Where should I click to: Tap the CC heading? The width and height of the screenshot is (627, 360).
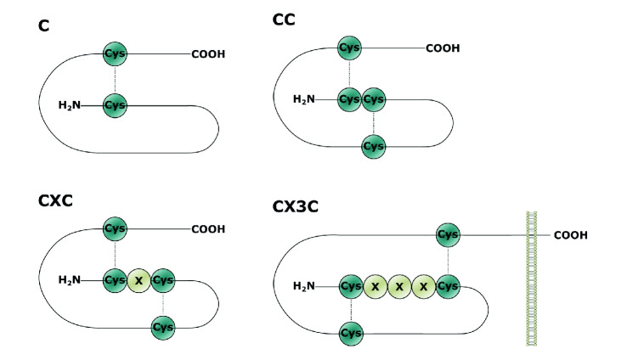285,18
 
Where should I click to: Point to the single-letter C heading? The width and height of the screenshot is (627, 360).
43,25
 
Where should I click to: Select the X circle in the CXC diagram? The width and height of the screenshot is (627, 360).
138,280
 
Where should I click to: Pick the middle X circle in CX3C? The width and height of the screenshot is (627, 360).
398,287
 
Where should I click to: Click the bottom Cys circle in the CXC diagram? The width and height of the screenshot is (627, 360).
163,327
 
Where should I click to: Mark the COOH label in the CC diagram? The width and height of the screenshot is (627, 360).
442,48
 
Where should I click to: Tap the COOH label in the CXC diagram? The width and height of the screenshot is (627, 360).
208,229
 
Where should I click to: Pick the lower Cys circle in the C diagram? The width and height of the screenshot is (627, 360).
115,105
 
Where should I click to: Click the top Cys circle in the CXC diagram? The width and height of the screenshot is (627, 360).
115,229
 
